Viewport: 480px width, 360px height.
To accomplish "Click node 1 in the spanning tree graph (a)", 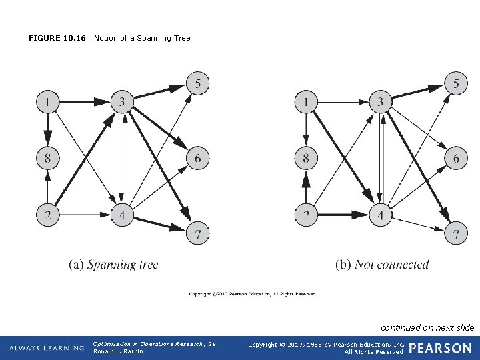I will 47,102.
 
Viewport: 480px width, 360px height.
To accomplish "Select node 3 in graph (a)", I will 122,102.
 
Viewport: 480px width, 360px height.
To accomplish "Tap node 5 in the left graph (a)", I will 197,83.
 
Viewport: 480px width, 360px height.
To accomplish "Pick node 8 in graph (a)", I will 47,159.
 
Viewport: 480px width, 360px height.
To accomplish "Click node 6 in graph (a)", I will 197,159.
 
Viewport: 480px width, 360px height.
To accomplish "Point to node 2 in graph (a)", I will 47,215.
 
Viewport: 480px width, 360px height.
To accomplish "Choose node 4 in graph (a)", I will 122,215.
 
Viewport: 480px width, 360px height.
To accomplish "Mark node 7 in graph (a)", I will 197,234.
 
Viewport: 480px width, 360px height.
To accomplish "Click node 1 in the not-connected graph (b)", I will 306,102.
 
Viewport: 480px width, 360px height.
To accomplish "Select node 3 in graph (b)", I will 381,102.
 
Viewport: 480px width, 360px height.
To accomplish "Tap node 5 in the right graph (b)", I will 456,83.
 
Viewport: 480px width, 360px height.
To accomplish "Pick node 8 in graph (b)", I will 306,159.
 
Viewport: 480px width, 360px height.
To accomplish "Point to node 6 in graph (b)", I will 456,159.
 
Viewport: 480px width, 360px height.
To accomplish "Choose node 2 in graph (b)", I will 306,215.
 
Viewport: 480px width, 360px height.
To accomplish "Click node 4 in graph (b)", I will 381,215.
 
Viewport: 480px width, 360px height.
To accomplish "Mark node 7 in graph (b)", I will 456,234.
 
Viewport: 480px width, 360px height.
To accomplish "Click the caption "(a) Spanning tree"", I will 114,265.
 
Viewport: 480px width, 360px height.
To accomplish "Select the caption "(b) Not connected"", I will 382,265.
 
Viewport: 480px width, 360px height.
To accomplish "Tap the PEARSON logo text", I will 440,348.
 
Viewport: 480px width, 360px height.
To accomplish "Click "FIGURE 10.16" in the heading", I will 57,38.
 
